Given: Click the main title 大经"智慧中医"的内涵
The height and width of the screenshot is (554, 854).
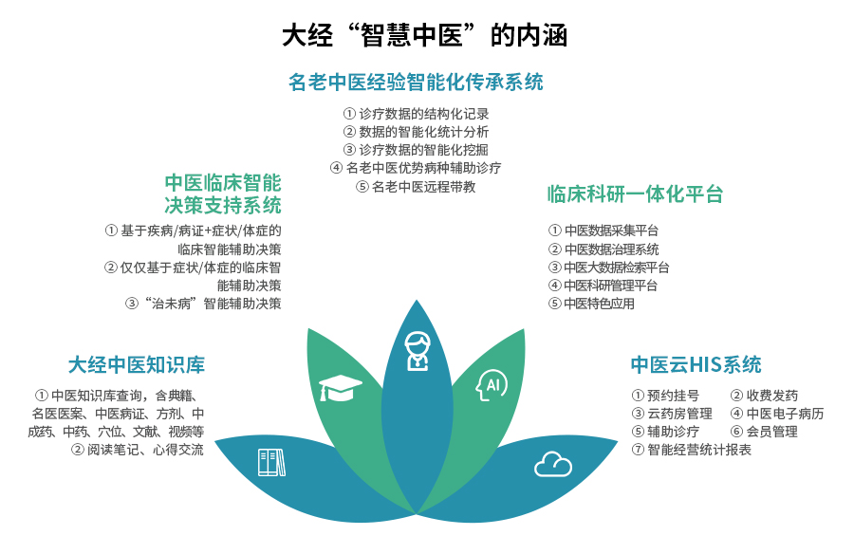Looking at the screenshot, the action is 425,35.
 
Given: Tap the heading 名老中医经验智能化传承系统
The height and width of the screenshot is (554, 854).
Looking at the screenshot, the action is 416,83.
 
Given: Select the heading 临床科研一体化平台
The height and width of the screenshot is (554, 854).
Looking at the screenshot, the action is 635,194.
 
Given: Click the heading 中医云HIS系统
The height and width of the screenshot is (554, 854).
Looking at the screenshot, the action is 696,364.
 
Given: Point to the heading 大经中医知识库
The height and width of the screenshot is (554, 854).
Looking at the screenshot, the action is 137,365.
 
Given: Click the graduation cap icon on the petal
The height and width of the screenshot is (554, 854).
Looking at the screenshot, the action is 340,388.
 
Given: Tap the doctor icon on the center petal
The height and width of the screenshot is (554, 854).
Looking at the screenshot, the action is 418,351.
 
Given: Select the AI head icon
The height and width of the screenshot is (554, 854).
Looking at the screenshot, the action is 492,385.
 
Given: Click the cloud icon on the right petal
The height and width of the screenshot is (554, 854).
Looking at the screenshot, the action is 553,464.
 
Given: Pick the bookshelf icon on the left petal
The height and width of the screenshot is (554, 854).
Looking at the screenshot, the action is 271,463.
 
